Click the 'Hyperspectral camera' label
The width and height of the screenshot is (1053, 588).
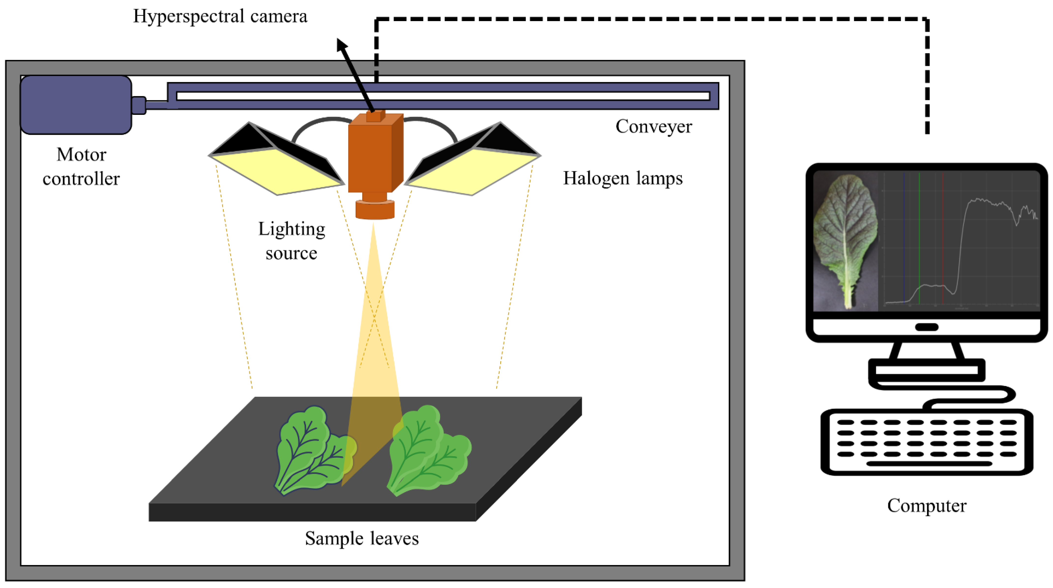pyautogui.click(x=220, y=16)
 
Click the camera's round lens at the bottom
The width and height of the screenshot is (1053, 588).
pyautogui.click(x=375, y=210)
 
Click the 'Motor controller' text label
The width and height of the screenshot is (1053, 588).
pyautogui.click(x=81, y=167)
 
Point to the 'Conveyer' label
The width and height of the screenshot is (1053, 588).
pyautogui.click(x=654, y=127)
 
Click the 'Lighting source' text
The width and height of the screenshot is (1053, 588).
pyautogui.click(x=291, y=241)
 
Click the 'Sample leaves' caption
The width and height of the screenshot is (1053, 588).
pyautogui.click(x=362, y=539)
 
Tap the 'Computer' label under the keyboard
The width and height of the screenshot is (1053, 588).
pyautogui.click(x=927, y=506)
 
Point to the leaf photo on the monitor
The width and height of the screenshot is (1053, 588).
pyautogui.click(x=845, y=241)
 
